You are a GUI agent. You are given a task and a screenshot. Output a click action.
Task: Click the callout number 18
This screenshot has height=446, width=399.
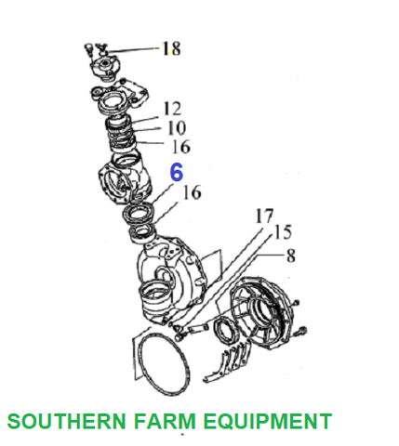[x=172, y=48]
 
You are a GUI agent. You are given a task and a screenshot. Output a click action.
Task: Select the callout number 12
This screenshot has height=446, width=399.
[x=172, y=109]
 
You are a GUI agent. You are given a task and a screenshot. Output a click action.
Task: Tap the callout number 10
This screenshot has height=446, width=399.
[x=177, y=127]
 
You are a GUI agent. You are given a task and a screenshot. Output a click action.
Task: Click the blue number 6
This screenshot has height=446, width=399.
[x=177, y=172]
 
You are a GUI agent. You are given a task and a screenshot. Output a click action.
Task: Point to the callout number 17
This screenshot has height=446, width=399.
[x=264, y=216]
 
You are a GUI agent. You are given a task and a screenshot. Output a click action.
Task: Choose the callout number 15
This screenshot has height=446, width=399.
[x=283, y=232]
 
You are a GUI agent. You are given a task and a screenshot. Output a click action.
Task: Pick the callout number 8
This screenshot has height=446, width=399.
[x=291, y=256]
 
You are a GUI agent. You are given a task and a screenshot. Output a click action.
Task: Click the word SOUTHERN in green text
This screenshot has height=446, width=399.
[x=66, y=421]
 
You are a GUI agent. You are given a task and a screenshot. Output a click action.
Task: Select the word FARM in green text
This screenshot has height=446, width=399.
[x=165, y=421]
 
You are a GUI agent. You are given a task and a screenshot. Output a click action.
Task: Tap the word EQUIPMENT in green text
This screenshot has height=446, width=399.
[x=268, y=421]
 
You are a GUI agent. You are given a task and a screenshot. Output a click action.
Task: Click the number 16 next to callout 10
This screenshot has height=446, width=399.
[x=181, y=147]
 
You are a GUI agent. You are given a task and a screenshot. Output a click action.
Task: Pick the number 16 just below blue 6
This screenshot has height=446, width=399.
[x=193, y=192]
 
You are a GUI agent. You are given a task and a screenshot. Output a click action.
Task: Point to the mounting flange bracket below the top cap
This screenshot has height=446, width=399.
[x=119, y=96]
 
